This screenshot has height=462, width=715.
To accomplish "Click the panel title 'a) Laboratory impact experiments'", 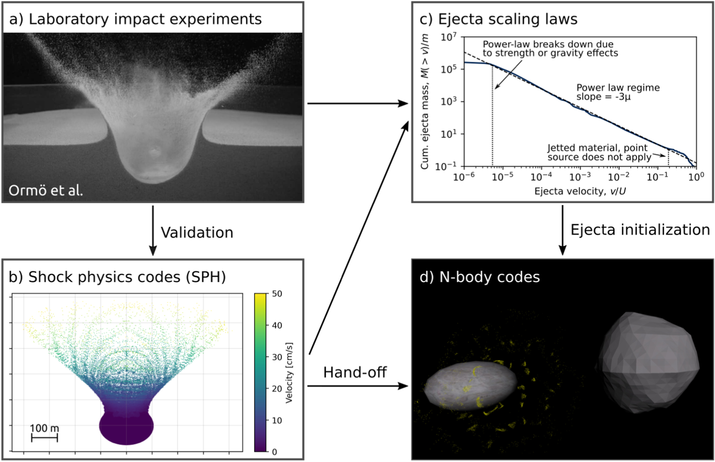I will [x=135, y=19].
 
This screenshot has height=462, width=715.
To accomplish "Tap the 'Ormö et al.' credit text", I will [x=46, y=190].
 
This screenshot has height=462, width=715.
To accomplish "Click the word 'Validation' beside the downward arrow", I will [x=197, y=233].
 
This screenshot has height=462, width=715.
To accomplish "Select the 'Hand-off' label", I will [x=355, y=372].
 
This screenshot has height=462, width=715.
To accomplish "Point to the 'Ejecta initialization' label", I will [x=640, y=230].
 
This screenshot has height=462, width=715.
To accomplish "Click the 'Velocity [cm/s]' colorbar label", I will [x=289, y=373].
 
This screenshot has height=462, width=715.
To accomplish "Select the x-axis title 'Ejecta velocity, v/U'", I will [x=580, y=191].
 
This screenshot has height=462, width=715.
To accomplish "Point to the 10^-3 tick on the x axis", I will [x=580, y=177].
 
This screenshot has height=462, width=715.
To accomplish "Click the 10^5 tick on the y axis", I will [x=449, y=69].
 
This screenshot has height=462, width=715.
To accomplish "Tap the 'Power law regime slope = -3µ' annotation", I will [x=618, y=92].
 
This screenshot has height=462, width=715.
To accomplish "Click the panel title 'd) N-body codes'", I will [x=479, y=277].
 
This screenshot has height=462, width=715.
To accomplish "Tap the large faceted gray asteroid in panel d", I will [x=648, y=362].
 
